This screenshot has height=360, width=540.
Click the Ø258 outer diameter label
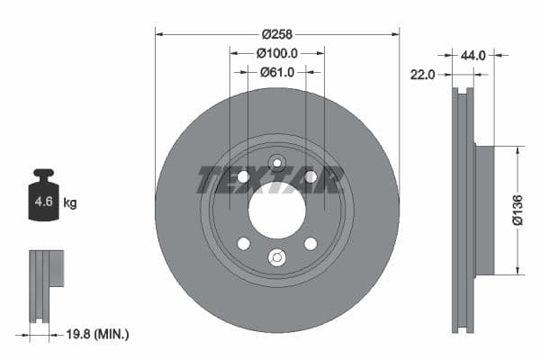tap(277, 34)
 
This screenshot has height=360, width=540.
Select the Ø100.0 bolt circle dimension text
tap(277, 54)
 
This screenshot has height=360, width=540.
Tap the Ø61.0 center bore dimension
tap(277, 72)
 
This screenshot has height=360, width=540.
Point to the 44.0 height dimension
tap(472, 55)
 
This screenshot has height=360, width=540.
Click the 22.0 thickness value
tap(424, 75)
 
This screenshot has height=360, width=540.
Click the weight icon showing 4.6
tap(43, 200)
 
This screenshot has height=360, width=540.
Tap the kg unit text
tap(70, 203)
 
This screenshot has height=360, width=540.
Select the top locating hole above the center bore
tap(277, 164)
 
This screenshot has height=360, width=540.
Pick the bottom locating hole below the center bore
tap(277, 258)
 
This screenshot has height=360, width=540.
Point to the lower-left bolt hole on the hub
tap(243, 244)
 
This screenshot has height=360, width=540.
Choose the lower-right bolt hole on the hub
tap(310, 244)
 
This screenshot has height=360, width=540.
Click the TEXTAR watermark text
tap(270, 180)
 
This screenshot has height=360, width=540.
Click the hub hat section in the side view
tap(485, 210)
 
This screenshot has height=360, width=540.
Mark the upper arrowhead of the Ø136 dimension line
tap(517, 150)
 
